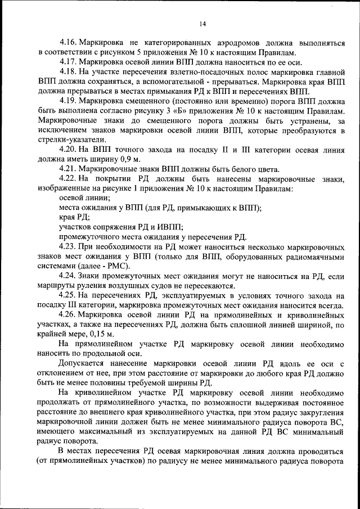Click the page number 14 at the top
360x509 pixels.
click(202, 23)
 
